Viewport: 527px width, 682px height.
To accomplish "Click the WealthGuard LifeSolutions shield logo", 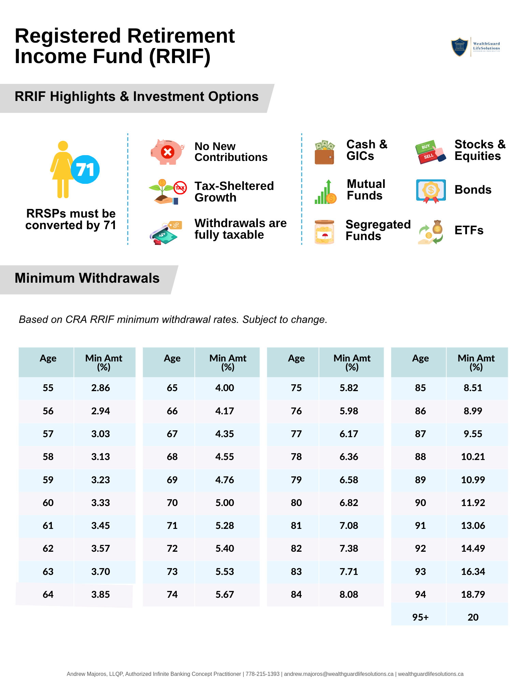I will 459,47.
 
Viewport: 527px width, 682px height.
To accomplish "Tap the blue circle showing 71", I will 85,169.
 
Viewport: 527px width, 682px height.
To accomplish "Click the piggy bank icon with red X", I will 167,152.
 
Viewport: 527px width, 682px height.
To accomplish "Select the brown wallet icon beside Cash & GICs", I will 324,152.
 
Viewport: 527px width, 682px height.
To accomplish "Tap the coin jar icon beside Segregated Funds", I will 324,232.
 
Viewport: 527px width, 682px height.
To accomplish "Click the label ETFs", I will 469,231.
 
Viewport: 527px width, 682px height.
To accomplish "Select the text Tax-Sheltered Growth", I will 234,192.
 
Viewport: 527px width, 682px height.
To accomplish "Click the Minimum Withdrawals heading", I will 87,278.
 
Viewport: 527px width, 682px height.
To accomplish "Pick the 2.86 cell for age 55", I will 101,388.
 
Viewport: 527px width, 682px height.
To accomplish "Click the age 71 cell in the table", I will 172,525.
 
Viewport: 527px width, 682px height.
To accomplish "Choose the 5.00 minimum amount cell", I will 225,503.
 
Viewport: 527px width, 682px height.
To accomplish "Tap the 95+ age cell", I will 420,617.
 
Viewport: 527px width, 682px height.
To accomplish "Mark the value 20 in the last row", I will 473,617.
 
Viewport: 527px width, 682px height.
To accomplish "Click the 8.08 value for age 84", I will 349,594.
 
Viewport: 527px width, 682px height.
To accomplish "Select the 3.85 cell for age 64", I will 101,594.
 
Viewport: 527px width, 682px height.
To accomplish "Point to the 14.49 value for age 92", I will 473,548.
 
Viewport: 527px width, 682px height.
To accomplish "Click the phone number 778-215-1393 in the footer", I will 263,674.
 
